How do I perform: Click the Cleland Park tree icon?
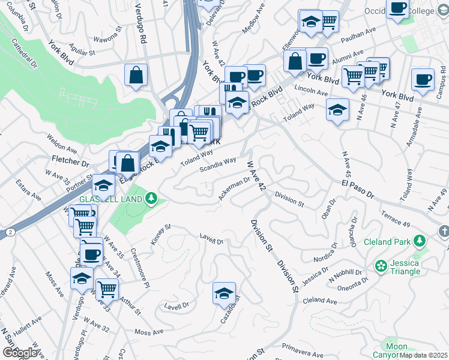coord(419,242)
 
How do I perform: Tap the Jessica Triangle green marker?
coord(380,265)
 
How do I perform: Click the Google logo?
coord(20,353)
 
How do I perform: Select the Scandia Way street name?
coord(218,164)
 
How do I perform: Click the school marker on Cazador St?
coord(224,294)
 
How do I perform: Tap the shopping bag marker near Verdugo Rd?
coord(136,76)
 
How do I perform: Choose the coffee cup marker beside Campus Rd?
coord(423,80)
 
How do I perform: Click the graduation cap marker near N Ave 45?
coord(338,110)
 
